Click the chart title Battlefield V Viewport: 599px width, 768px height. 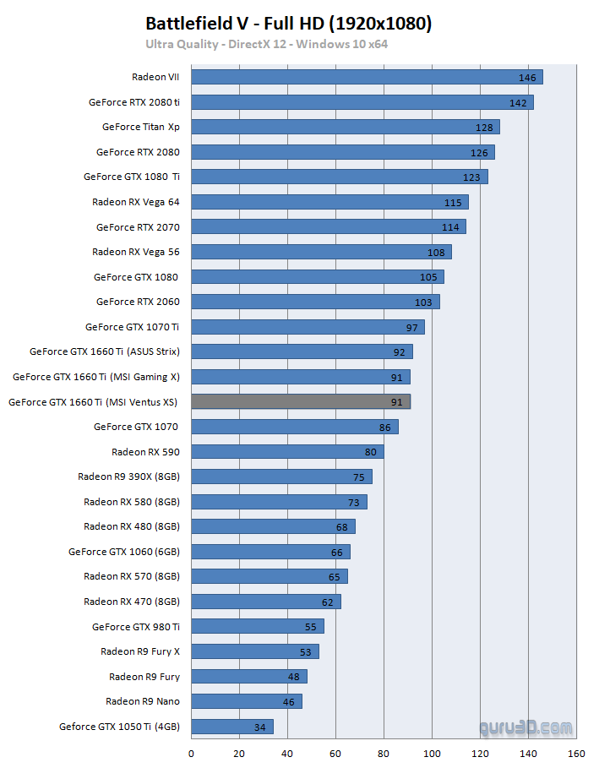pyautogui.click(x=288, y=24)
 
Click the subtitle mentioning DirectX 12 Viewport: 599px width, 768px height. pyautogui.click(x=266, y=44)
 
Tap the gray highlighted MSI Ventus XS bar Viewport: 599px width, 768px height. pyautogui.click(x=301, y=402)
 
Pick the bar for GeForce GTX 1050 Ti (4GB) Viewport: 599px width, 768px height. pyautogui.click(x=232, y=727)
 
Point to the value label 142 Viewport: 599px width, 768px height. pyautogui.click(x=518, y=103)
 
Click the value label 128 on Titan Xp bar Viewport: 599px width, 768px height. pyautogui.click(x=484, y=128)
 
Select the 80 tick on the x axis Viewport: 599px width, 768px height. pyautogui.click(x=384, y=754)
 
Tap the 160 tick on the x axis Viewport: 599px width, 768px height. pyautogui.click(x=577, y=754)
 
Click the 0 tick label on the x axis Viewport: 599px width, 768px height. pyautogui.click(x=191, y=754)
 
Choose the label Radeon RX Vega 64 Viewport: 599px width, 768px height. pyautogui.click(x=136, y=202)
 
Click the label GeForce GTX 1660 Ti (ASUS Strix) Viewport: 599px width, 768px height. pyautogui.click(x=105, y=351)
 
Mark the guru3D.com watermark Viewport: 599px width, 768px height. pyautogui.click(x=525, y=727)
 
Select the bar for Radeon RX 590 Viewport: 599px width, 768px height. pyautogui.click(x=287, y=452)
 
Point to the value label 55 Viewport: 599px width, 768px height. pyautogui.click(x=311, y=627)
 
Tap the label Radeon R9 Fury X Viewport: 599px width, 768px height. pyautogui.click(x=140, y=651)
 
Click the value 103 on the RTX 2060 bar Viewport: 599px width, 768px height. pyautogui.click(x=423, y=302)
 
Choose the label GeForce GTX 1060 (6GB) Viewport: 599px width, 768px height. pyautogui.click(x=124, y=552)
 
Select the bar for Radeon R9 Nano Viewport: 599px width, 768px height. pyautogui.click(x=246, y=701)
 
